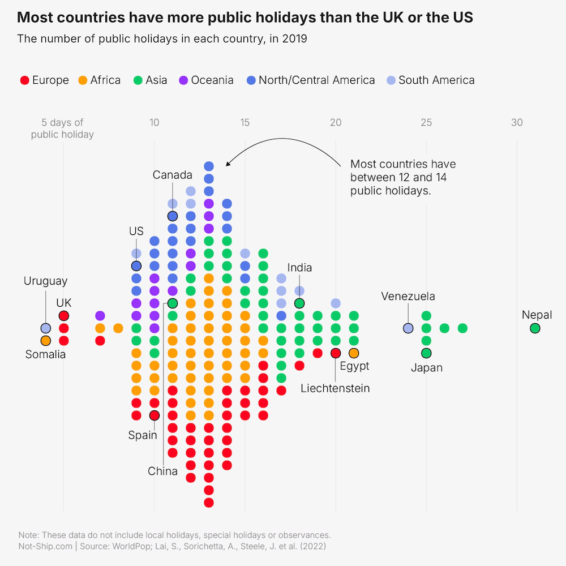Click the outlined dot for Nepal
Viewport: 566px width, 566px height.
click(535, 328)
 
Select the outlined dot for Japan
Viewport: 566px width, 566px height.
click(426, 353)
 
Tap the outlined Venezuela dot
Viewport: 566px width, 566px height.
click(408, 328)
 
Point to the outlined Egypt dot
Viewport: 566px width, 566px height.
click(354, 353)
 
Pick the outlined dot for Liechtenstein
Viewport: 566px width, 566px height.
click(336, 353)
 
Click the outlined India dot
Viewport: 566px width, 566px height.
click(299, 303)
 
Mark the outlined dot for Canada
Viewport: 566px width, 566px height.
click(173, 216)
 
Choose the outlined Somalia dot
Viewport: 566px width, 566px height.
click(46, 341)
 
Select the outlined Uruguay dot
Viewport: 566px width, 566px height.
click(46, 328)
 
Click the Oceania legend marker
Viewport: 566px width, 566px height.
click(183, 80)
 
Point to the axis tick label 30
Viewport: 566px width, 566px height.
click(517, 122)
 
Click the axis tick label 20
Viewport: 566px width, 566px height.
click(336, 122)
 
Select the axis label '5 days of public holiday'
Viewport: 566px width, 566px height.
click(62, 128)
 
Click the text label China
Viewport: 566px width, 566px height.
click(163, 471)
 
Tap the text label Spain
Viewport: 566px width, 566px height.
click(143, 435)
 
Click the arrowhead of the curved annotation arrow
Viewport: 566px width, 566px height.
click(228, 164)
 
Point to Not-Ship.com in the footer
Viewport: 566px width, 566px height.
click(45, 546)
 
